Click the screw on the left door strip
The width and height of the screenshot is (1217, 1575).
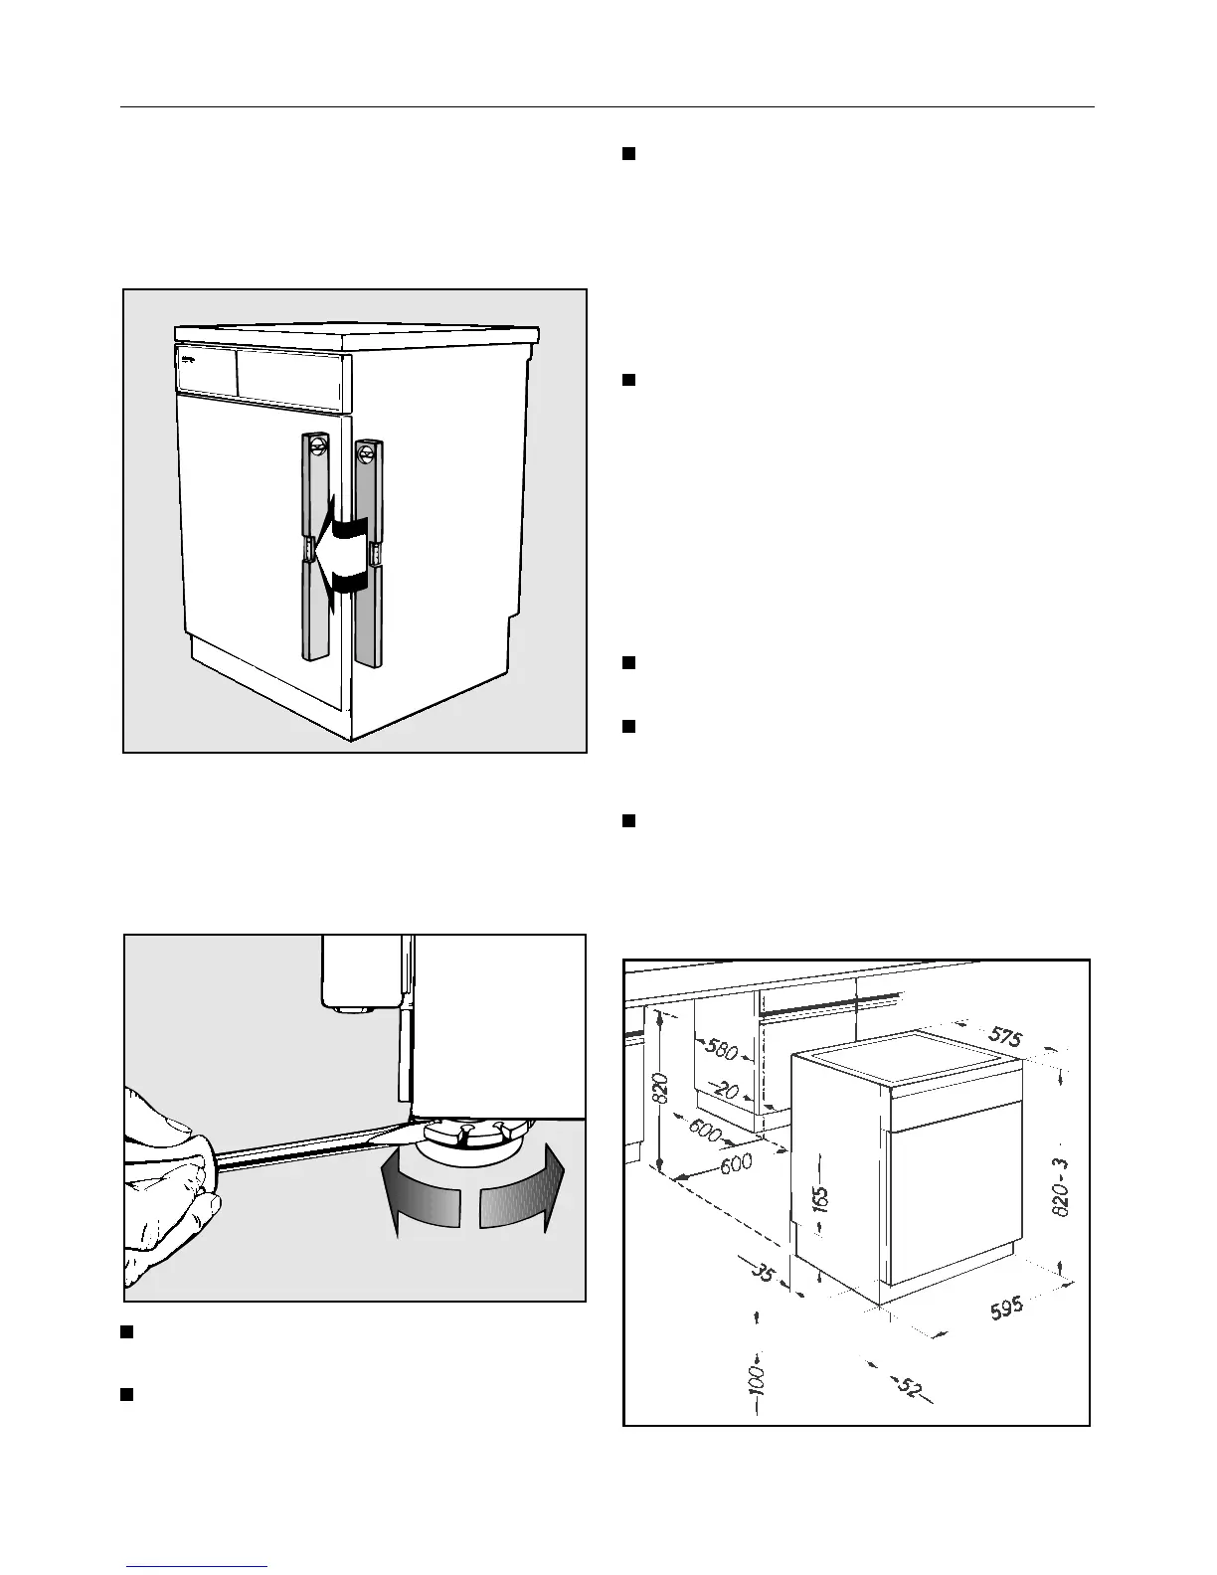pos(318,444)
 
